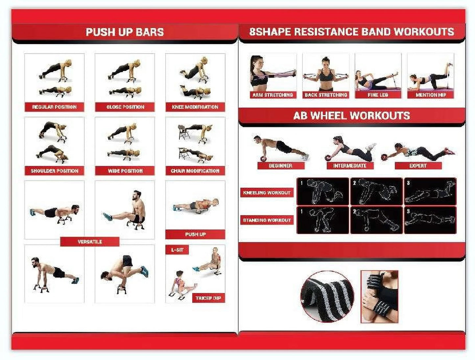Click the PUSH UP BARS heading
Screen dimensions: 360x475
coord(125,32)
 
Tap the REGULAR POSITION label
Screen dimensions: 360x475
coord(54,107)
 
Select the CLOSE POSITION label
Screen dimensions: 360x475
coord(125,107)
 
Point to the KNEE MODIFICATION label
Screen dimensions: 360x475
coord(195,107)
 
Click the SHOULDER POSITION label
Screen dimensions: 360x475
coord(54,171)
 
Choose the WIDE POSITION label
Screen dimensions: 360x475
coord(125,171)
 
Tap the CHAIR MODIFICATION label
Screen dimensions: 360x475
coord(195,171)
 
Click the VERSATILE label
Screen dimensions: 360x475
coord(90,242)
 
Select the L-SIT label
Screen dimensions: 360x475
coord(177,250)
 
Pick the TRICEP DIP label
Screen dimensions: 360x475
coord(208,298)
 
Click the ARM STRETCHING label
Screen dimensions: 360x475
coord(273,95)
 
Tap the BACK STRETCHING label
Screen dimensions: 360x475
coord(325,95)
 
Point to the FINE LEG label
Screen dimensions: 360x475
coord(378,95)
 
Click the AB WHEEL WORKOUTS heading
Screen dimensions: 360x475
coord(351,116)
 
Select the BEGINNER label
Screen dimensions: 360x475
coord(280,166)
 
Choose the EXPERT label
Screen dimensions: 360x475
coord(418,166)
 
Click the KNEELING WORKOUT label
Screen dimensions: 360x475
coord(267,193)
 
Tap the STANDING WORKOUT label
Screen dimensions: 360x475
coord(267,220)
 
